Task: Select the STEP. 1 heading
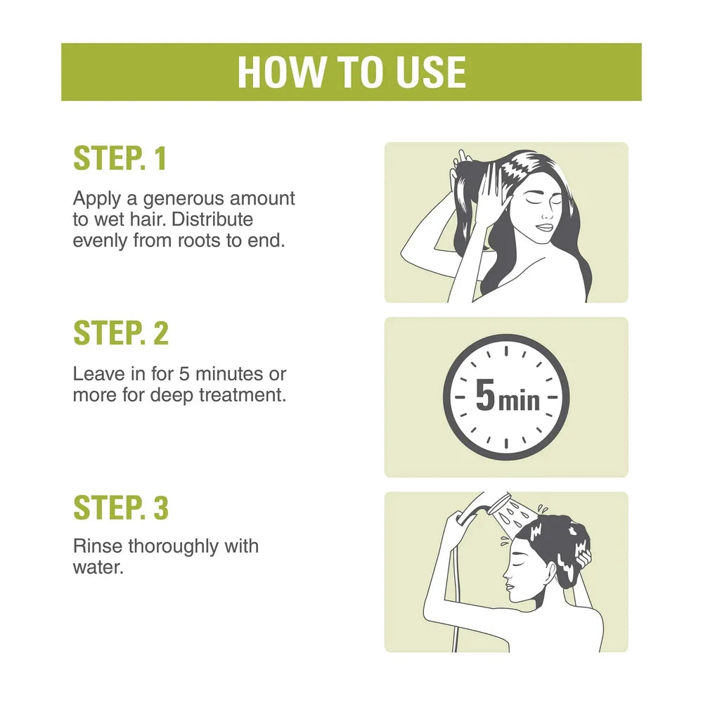120,158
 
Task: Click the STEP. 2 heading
121,333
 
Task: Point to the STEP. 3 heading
121,508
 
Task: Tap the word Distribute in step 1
212,219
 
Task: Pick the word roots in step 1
199,241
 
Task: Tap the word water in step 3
98,568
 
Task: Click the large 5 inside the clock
485,395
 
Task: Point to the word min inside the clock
519,401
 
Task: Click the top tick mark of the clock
506,351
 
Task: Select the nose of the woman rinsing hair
506,573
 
